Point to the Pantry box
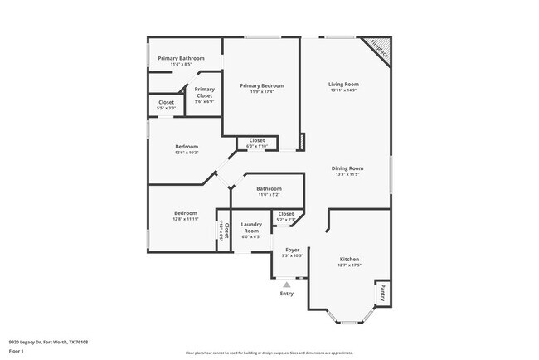coord(383,292)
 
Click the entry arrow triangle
coord(287,285)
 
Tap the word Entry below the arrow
coord(287,294)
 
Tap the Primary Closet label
coord(205,92)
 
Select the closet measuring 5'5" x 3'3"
coord(166,105)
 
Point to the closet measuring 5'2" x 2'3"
coord(286,216)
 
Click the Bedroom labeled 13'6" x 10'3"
coord(187,149)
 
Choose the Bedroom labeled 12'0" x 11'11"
coord(185,216)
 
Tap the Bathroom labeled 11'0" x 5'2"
coord(269,191)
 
